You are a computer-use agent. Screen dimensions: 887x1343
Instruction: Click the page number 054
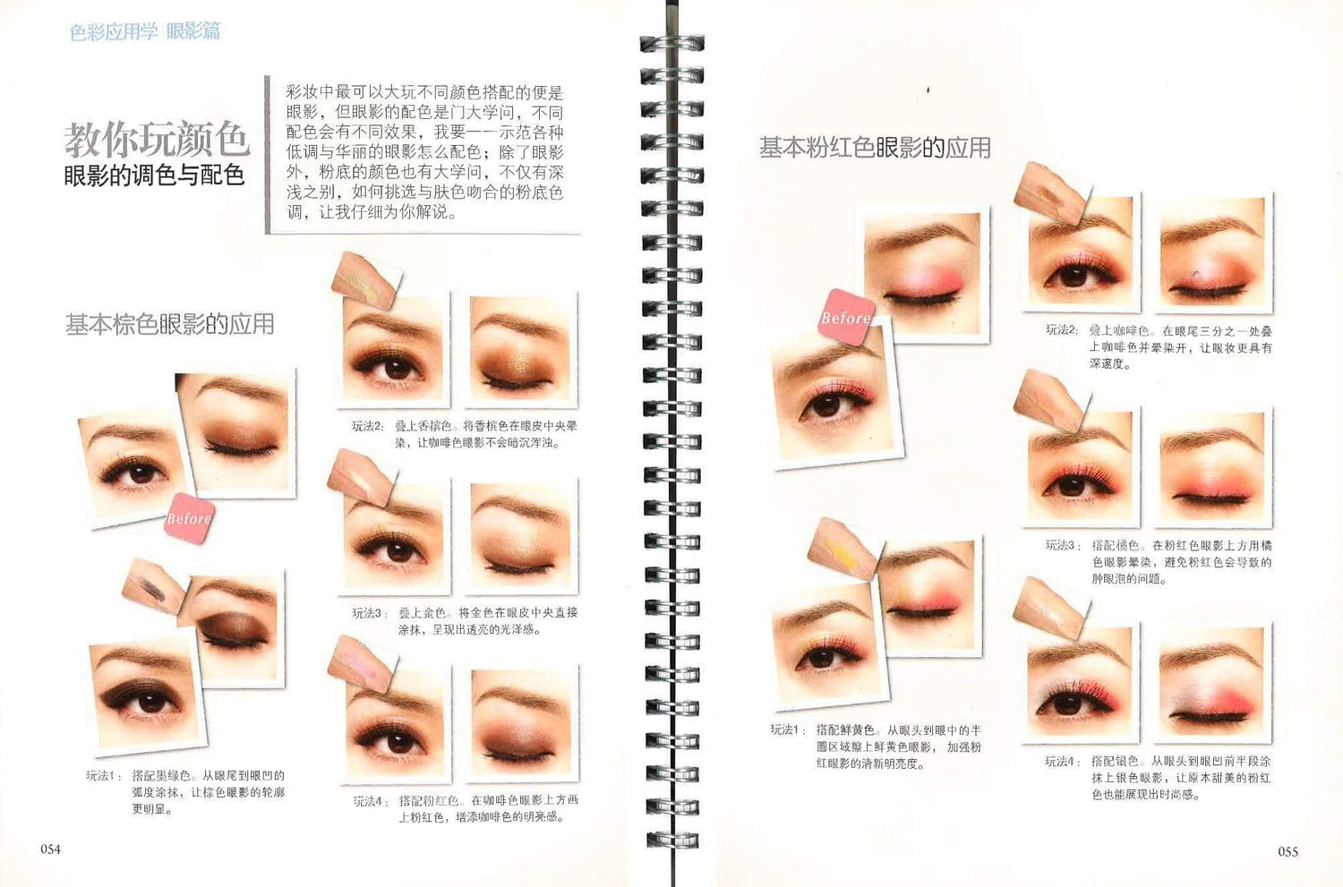[50, 849]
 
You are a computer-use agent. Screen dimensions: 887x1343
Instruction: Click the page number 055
[1287, 851]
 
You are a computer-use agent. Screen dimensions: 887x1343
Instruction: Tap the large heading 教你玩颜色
[156, 139]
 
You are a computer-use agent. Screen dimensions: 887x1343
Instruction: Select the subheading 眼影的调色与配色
[154, 175]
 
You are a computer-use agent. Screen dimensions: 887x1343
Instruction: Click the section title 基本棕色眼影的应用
[169, 324]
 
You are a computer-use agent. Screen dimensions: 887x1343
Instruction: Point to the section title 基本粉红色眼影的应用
[875, 148]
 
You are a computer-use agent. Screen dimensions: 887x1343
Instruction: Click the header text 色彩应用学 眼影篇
[145, 32]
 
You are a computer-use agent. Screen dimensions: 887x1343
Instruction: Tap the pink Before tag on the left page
[189, 518]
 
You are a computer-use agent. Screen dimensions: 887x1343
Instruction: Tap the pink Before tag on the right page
[845, 318]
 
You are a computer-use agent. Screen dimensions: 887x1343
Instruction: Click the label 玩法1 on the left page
[102, 776]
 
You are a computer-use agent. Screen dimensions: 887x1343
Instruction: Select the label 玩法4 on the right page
[1061, 762]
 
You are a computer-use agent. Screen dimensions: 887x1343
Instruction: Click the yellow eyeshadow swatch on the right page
[843, 545]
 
